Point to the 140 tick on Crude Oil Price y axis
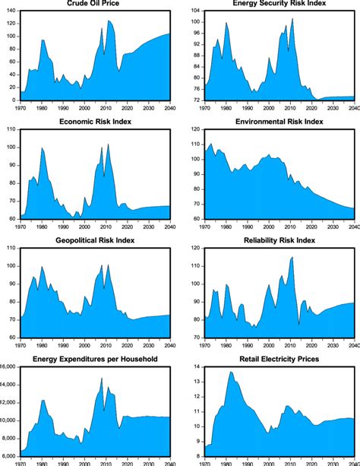click(11, 13)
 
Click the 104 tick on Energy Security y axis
click(195, 11)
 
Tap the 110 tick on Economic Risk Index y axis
click(11, 129)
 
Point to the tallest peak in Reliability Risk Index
click(292, 258)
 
